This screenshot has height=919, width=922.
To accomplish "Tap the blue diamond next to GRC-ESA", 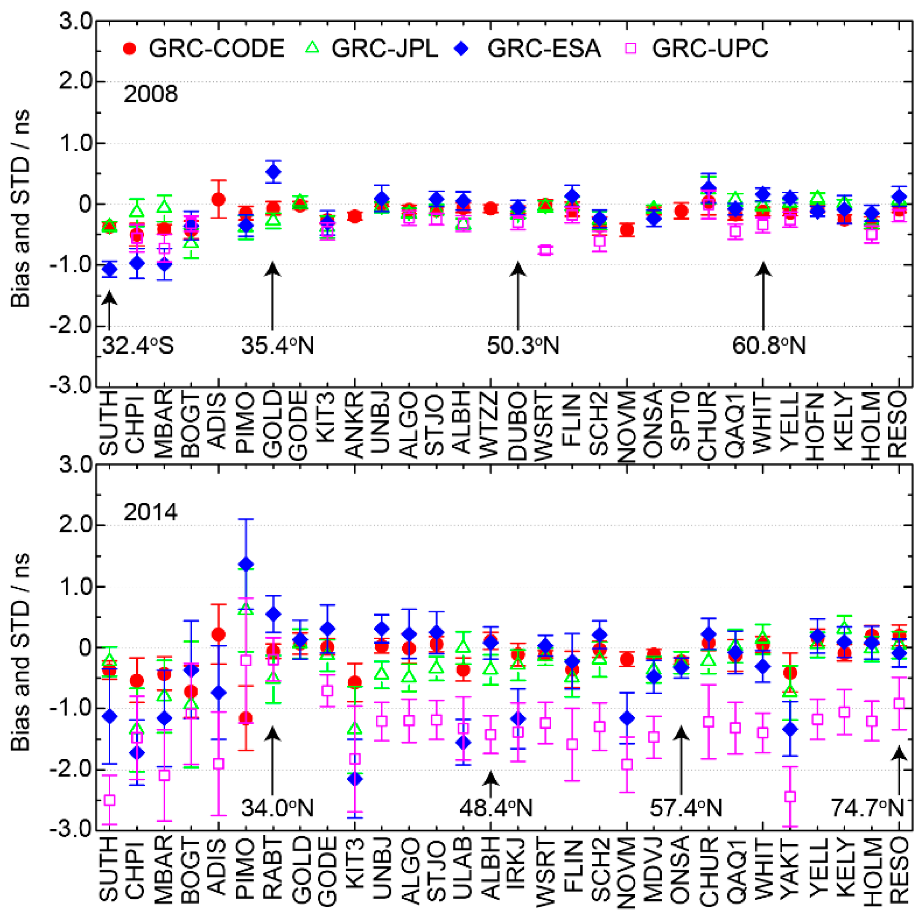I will [462, 48].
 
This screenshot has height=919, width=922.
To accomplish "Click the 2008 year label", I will [150, 94].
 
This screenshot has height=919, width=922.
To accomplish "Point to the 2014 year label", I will [150, 512].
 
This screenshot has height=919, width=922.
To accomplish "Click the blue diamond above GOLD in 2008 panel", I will [273, 172].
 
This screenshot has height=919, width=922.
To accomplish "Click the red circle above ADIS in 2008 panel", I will [219, 200].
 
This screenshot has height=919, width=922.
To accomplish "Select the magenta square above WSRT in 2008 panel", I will [545, 250].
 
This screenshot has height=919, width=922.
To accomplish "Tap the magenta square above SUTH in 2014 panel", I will [110, 800].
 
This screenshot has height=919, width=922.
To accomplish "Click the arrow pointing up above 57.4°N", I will [681, 759].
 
